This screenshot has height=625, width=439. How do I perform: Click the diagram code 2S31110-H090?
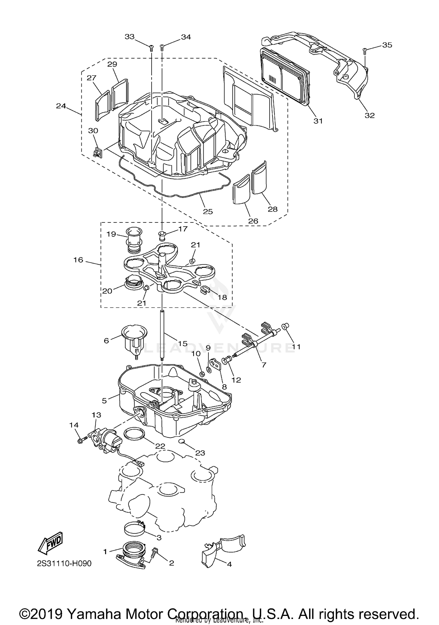(64, 563)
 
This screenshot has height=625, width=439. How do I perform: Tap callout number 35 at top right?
(387, 45)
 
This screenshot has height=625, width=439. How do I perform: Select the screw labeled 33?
(151, 47)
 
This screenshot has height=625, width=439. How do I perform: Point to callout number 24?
(61, 106)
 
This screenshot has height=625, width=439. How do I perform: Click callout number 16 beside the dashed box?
(78, 260)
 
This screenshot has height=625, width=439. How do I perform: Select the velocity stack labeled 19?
(133, 241)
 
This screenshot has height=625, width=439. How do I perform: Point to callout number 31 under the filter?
(318, 121)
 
